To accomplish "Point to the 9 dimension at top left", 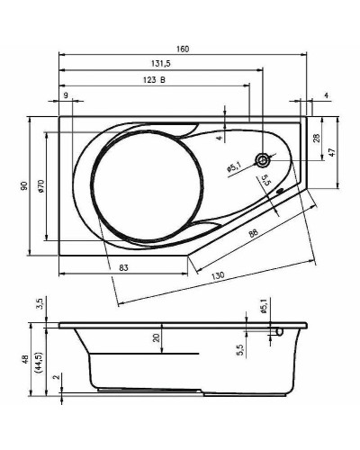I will coord(66,96).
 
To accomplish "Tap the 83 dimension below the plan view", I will coord(124,266).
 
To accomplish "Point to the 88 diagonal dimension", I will coord(254,235).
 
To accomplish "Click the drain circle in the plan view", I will coord(263,161).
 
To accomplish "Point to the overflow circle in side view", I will coord(281,331).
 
